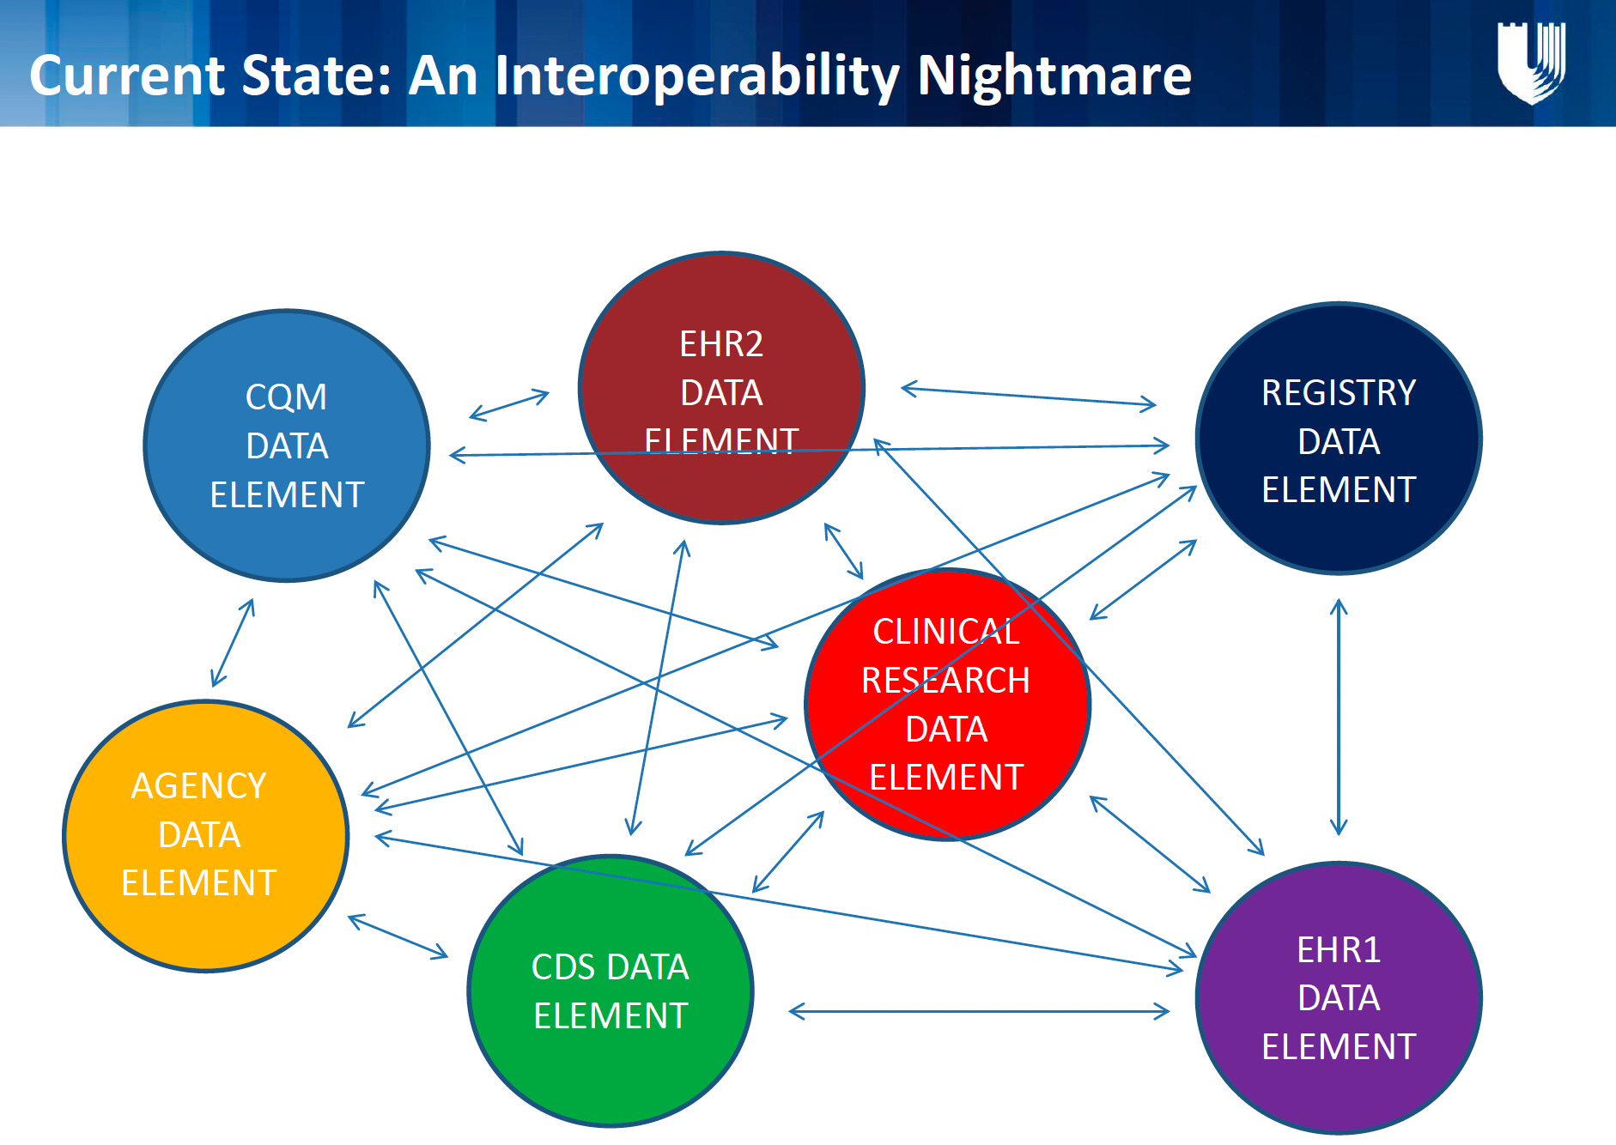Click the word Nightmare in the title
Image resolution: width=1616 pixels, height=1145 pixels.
[x=1054, y=76]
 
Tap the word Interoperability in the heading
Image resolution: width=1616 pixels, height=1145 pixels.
[x=696, y=76]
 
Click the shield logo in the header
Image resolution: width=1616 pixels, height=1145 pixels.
[x=1531, y=63]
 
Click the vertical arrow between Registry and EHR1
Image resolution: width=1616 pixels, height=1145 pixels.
[x=1339, y=717]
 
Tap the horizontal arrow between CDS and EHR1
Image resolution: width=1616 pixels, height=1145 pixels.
[x=979, y=1012]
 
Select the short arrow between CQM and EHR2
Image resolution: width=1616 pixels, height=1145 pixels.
[x=509, y=405]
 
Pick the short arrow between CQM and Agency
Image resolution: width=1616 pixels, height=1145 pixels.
[x=233, y=643]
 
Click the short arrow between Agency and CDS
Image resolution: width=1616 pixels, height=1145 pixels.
[x=398, y=936]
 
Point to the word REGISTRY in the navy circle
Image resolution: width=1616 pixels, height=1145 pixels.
[x=1339, y=392]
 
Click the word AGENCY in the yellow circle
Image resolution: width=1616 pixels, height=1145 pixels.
[x=198, y=785]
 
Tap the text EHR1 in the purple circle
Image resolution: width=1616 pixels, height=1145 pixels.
[x=1339, y=949]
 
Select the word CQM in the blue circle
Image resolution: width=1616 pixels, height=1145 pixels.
[x=286, y=397]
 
